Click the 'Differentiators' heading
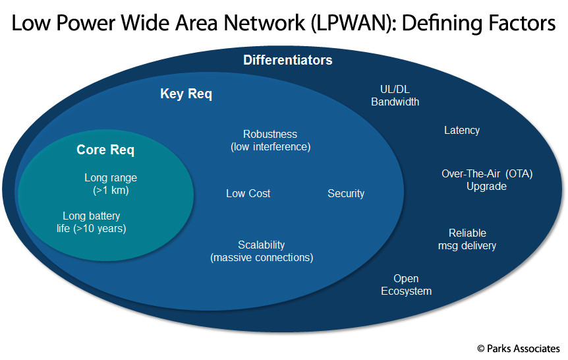287,60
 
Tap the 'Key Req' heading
186,94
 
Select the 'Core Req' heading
105,150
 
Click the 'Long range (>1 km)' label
111,184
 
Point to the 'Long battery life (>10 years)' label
92,222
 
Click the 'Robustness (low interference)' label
271,140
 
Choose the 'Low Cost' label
248,194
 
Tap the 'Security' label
346,194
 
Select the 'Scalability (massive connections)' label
262,251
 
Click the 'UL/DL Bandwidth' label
395,96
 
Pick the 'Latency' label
462,130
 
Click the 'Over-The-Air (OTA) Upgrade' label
487,180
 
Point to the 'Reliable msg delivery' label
467,239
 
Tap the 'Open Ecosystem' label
406,285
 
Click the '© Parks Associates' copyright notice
519,349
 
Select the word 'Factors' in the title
522,23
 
